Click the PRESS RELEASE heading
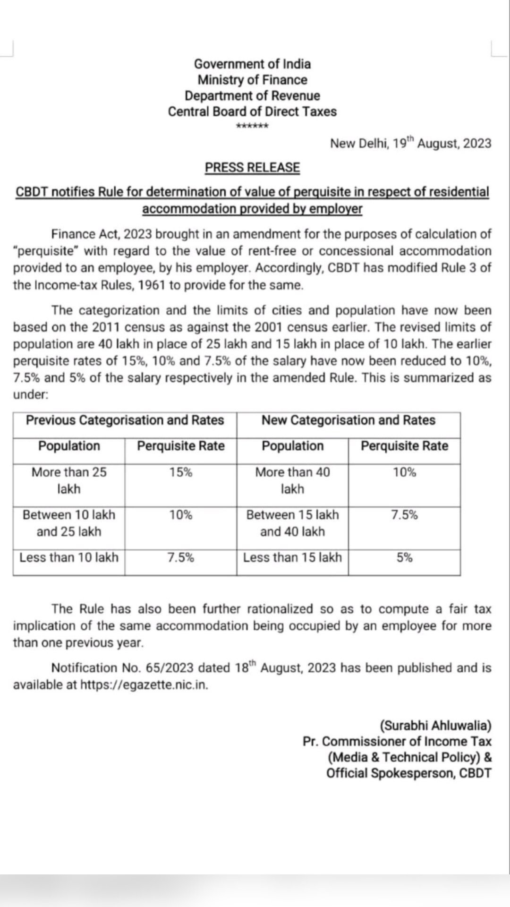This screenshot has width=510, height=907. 252,168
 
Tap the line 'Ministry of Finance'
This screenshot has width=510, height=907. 252,80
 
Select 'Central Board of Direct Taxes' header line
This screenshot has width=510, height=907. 252,112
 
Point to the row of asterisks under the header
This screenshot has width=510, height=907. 252,126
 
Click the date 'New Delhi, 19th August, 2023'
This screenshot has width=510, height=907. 410,143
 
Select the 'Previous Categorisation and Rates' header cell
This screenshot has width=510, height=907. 125,420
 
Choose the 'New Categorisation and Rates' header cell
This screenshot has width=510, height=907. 348,420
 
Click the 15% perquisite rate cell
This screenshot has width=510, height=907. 181,472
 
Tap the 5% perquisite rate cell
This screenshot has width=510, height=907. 404,558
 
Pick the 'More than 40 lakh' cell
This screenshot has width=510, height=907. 292,480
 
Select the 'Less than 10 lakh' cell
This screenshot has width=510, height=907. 69,558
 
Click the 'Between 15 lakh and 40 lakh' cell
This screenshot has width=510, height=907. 292,523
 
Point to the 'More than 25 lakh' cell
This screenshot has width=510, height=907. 69,480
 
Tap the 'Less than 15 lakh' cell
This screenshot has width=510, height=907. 292,558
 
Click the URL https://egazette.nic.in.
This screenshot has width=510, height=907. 144,685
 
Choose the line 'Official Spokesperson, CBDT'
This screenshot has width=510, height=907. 408,773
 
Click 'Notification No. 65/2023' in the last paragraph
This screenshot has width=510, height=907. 122,668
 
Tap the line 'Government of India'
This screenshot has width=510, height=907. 252,64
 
